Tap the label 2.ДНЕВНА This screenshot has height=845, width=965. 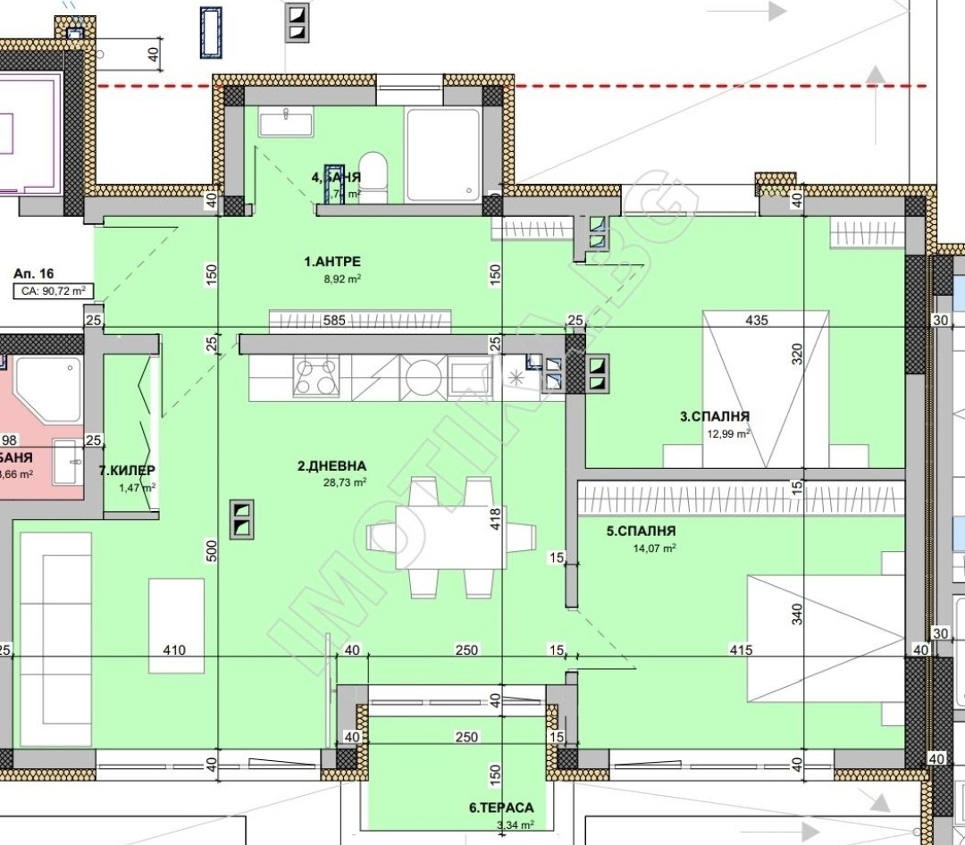coord(332,465)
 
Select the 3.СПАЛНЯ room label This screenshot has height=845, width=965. coord(714,415)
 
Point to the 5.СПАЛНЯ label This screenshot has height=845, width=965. coord(641,531)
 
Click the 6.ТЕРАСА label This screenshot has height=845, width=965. coord(501,807)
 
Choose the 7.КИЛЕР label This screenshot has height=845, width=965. coord(128,470)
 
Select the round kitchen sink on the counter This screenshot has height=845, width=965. coord(419,377)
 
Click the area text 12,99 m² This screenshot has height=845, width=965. coord(727,433)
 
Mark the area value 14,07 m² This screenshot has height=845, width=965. coord(653,548)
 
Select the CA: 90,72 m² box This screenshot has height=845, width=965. coord(54,291)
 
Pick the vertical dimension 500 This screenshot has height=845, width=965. coord(211,550)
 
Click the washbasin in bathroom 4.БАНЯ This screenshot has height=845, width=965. coord(286,121)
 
